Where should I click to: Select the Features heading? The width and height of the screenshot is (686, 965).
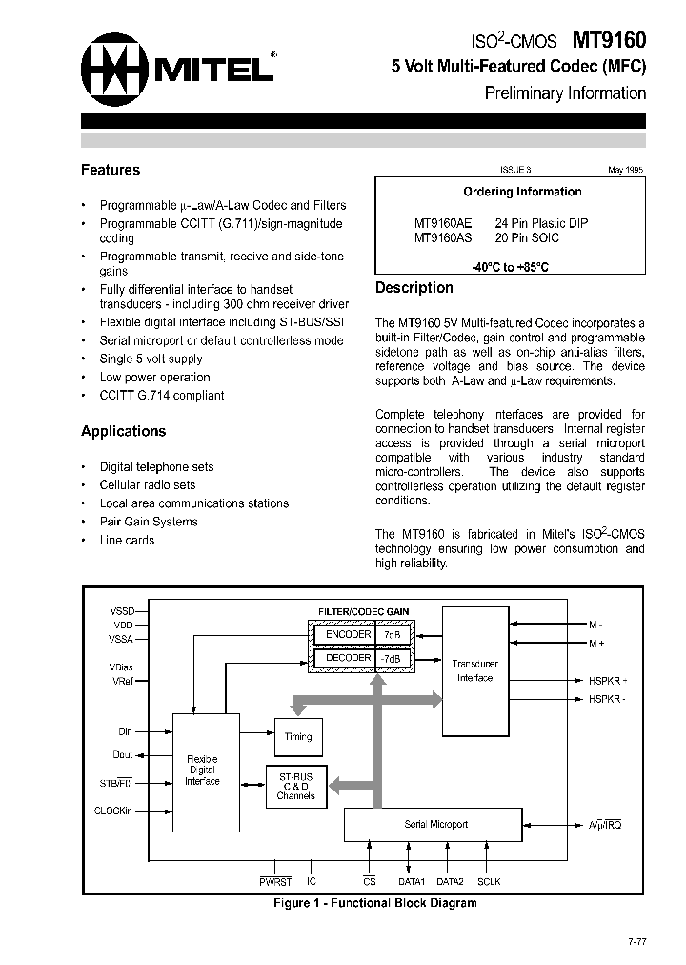point(111,170)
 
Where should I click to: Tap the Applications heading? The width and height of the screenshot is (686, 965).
point(123,431)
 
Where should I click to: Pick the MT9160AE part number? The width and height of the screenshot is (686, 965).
point(443,223)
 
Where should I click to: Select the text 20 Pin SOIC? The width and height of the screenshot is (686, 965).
point(527,237)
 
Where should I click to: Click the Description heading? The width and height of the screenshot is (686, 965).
point(414,288)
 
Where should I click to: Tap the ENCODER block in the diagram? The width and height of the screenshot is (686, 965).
point(348,634)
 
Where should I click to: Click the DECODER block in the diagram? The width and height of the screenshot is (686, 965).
point(348,658)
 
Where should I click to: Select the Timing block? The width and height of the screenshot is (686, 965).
point(298,737)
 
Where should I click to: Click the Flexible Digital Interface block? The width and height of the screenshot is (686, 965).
point(202,770)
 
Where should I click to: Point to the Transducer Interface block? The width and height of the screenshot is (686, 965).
point(474,670)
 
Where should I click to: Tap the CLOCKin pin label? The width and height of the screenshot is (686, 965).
point(114,811)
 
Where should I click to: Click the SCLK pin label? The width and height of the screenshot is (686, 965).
point(489,882)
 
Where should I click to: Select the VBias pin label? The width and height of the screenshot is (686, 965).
point(123,667)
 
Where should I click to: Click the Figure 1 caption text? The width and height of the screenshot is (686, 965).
point(374,902)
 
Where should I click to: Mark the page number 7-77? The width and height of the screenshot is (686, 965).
point(637,942)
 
